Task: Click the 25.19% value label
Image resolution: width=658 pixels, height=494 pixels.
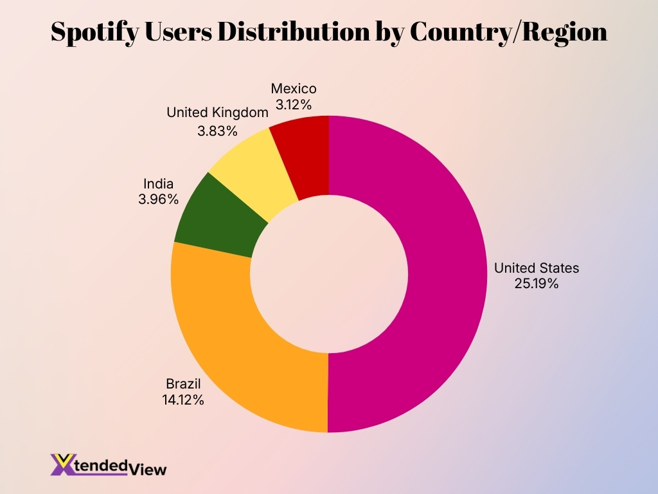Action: coord(536,283)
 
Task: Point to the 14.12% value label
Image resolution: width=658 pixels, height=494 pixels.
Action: coord(183,399)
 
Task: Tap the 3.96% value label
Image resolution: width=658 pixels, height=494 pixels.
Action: coord(158,199)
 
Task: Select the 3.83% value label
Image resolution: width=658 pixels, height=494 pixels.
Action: coord(217,131)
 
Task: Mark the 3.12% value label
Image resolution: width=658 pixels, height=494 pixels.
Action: coord(294,103)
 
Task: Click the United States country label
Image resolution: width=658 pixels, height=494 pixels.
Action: coord(536,268)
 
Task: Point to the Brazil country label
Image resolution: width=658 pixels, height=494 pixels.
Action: coord(183,384)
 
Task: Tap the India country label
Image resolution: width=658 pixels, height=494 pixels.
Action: coord(158,184)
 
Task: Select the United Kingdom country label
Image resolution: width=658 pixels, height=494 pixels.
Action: coord(217,113)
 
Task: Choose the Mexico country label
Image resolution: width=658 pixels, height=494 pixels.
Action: coord(294,88)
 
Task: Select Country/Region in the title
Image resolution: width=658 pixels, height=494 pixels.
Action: coord(508,32)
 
